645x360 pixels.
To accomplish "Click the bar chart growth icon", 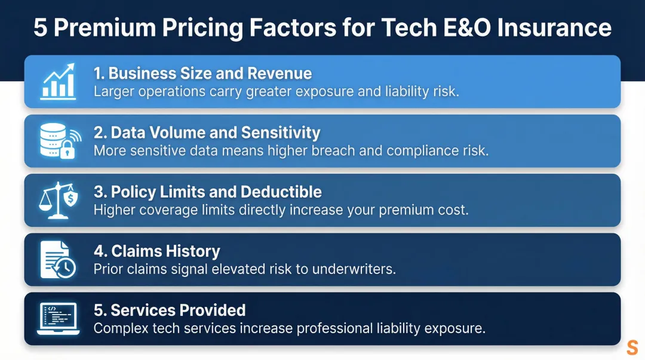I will point(58,82).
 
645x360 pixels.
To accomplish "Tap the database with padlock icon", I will point(59,141).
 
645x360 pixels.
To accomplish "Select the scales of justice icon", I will point(59,200).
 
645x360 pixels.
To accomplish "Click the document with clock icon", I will point(58,260).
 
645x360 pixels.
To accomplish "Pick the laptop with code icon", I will point(58,319).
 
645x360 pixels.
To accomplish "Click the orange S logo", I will point(632,347).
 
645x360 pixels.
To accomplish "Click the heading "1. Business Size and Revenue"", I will point(202,73).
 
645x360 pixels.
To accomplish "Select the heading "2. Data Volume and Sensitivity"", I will point(207,133).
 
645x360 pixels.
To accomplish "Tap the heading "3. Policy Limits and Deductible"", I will point(207,192).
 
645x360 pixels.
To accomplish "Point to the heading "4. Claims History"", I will point(156,251).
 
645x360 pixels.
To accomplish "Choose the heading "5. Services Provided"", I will point(170,310).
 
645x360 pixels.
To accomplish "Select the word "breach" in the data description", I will point(338,150).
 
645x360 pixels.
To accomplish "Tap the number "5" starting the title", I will point(40,28).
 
